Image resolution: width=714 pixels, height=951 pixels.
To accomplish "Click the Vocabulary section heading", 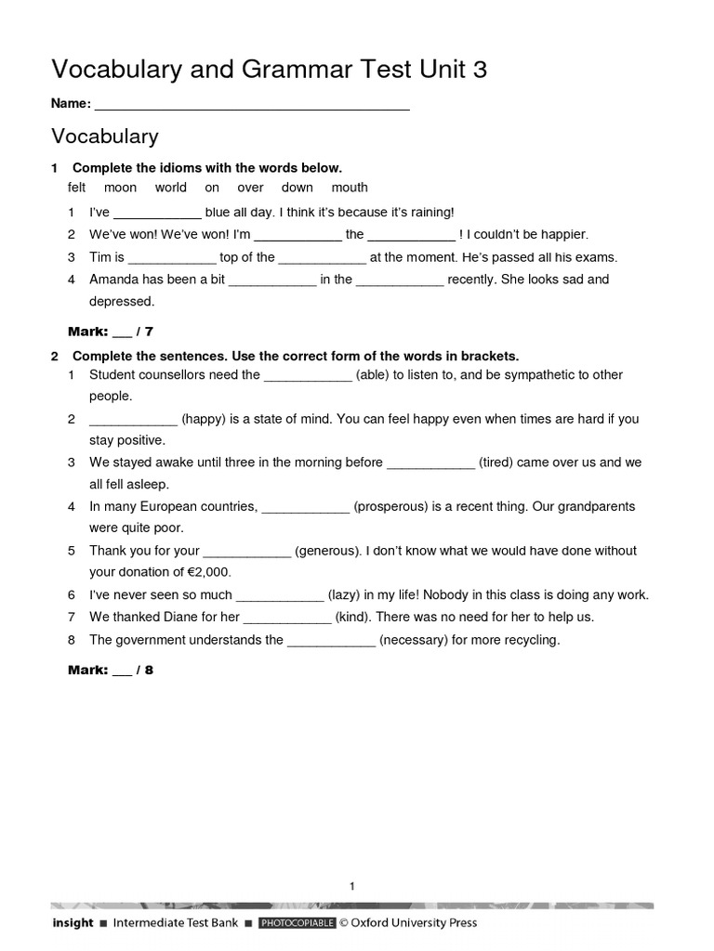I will coord(105,137).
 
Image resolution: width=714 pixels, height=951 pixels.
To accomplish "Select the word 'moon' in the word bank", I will coord(120,188).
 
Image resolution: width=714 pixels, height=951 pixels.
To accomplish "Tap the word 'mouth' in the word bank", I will coord(350,188).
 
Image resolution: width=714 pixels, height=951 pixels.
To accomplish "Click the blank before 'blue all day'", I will coord(156,214).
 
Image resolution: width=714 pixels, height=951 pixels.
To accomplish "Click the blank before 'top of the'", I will coord(171,258).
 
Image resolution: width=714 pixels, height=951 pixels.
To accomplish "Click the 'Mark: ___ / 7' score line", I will coord(111,332).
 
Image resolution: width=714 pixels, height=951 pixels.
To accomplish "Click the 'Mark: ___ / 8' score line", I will coord(111,670).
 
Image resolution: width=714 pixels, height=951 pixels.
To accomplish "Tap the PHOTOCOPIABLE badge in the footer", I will coord(296,923).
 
